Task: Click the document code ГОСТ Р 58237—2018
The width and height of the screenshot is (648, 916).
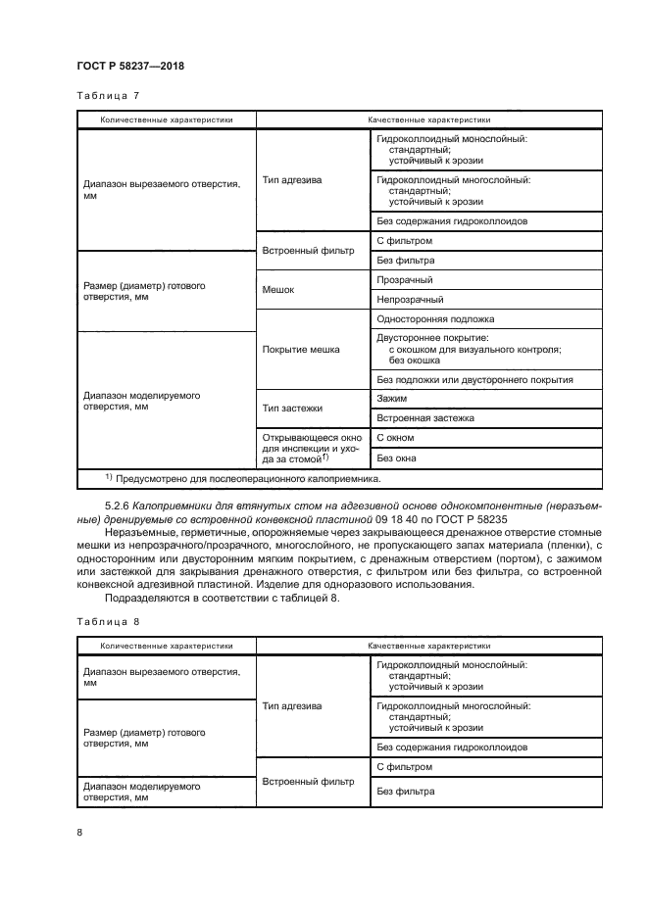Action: pyautogui.click(x=130, y=66)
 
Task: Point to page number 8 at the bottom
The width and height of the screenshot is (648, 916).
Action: pyautogui.click(x=79, y=832)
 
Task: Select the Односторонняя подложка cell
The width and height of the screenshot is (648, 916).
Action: pyautogui.click(x=435, y=319)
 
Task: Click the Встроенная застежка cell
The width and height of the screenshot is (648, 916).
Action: pyautogui.click(x=424, y=418)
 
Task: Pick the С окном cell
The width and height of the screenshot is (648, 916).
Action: pyautogui.click(x=395, y=438)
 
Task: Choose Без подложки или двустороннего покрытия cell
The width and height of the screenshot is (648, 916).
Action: pyautogui.click(x=474, y=379)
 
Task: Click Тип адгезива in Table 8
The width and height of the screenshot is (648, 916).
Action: pyautogui.click(x=292, y=705)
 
